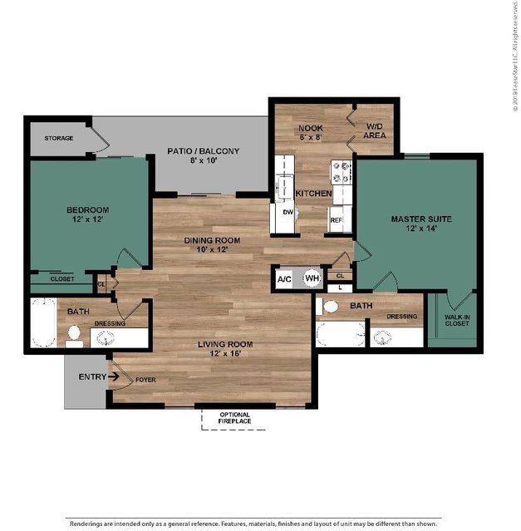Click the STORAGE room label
pyautogui.click(x=59, y=138)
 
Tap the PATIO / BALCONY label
pyautogui.click(x=203, y=151)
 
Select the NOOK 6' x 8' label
pyautogui.click(x=311, y=132)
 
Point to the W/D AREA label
pyautogui.click(x=375, y=130)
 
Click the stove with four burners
pyautogui.click(x=342, y=172)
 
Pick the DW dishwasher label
pyautogui.click(x=288, y=212)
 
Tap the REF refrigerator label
pyautogui.click(x=337, y=220)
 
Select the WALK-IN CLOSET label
pyautogui.click(x=457, y=321)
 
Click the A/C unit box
pyautogui.click(x=284, y=279)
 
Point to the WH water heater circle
pyautogui.click(x=312, y=278)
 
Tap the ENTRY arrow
pyautogui.click(x=113, y=376)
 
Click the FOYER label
pyautogui.click(x=145, y=380)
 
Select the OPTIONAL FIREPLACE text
pyautogui.click(x=234, y=418)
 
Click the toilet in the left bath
pyautogui.click(x=74, y=337)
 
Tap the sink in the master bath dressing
pyautogui.click(x=383, y=337)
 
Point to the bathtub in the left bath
pyautogui.click(x=44, y=322)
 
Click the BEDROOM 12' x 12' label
pyautogui.click(x=88, y=214)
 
